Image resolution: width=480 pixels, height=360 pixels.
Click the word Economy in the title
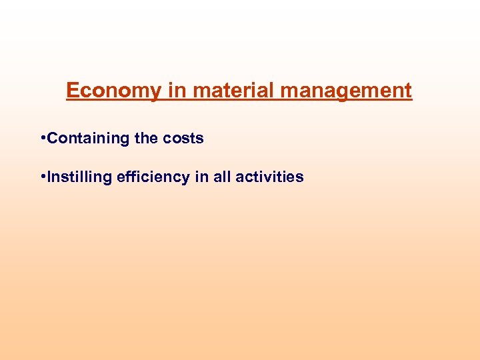click(x=113, y=91)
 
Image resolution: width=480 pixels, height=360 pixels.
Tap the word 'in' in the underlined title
click(x=177, y=91)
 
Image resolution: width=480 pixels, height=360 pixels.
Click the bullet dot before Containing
click(x=43, y=138)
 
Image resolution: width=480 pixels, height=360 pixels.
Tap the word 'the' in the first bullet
click(x=146, y=139)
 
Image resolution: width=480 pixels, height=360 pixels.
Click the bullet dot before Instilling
click(x=43, y=177)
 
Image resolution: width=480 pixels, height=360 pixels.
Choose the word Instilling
click(x=80, y=177)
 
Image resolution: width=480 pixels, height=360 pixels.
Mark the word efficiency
click(x=153, y=177)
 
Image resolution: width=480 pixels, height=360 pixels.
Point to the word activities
click(x=269, y=177)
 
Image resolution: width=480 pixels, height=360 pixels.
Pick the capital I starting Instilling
click(x=49, y=177)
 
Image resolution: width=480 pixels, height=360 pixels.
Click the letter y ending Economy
click(x=155, y=92)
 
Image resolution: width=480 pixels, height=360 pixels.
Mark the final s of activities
click(x=301, y=178)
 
